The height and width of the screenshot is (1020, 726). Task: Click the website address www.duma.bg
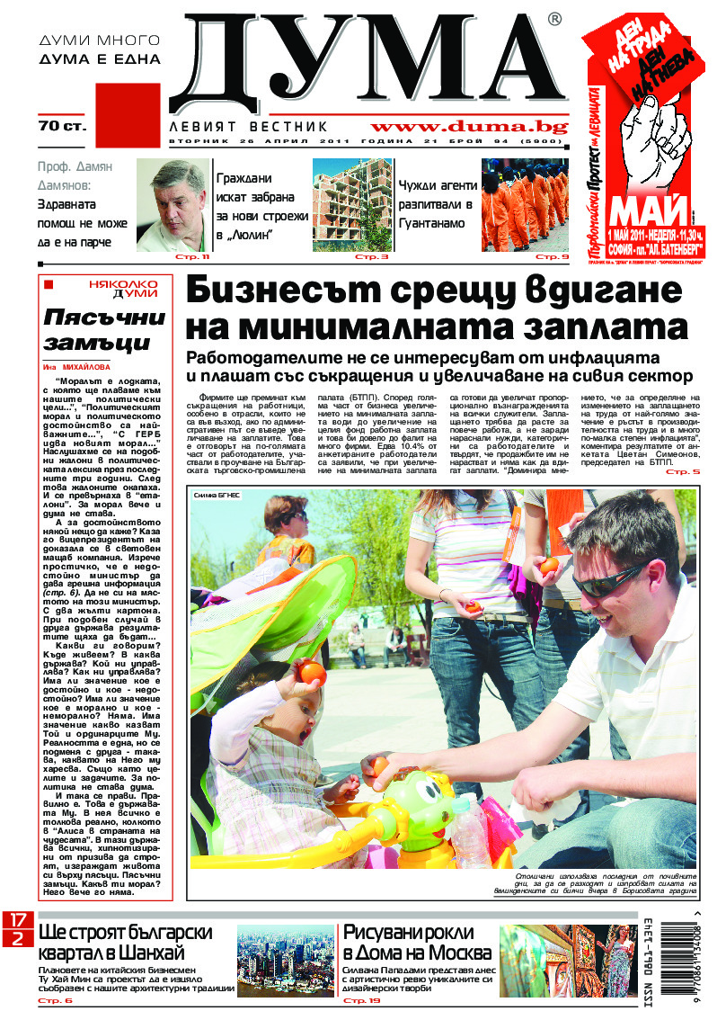pyautogui.click(x=456, y=127)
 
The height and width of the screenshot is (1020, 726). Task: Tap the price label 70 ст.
pyautogui.click(x=62, y=126)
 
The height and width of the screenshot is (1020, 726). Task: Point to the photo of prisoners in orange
pyautogui.click(x=526, y=205)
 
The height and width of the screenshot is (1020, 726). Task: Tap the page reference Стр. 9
pyautogui.click(x=553, y=258)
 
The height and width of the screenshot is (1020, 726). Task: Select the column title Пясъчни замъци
pyautogui.click(x=105, y=330)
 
